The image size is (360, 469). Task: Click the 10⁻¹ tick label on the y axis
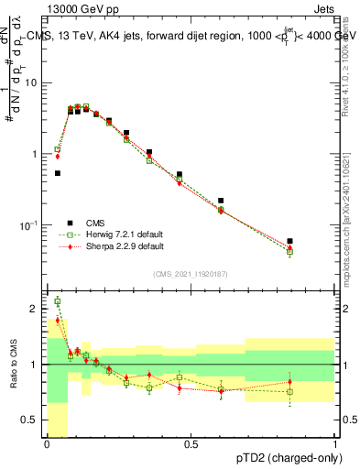31,225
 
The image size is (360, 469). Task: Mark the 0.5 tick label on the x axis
191,444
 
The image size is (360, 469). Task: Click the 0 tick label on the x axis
47,444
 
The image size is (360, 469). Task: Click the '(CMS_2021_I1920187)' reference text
191,273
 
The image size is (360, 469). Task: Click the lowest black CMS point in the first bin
57,173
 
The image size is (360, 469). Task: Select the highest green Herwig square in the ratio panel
57,301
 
